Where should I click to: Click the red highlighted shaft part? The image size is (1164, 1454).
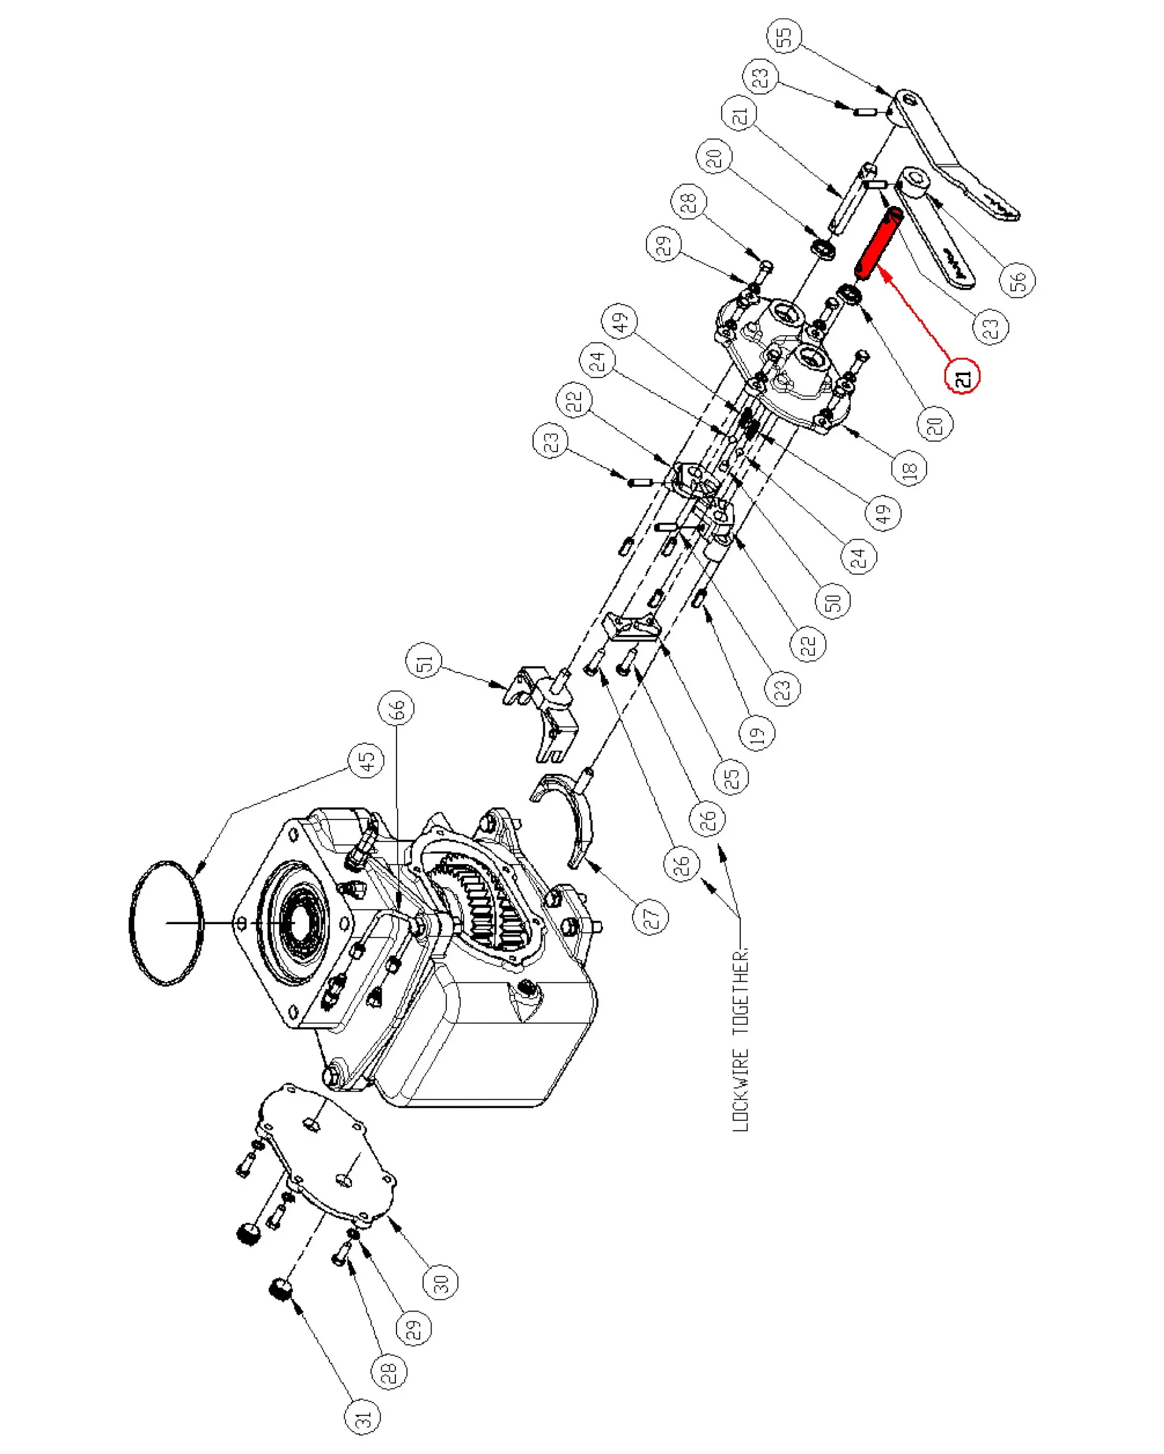coord(878,244)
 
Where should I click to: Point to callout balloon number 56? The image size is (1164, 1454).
coord(1017,278)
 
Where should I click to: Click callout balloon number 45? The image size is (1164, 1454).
coord(366,761)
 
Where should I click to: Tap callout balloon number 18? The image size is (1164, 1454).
coord(909,468)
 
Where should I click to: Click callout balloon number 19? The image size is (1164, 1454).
coord(757,732)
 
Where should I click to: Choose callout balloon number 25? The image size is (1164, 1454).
coord(732,776)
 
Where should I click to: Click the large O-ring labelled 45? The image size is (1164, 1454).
coord(165,923)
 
